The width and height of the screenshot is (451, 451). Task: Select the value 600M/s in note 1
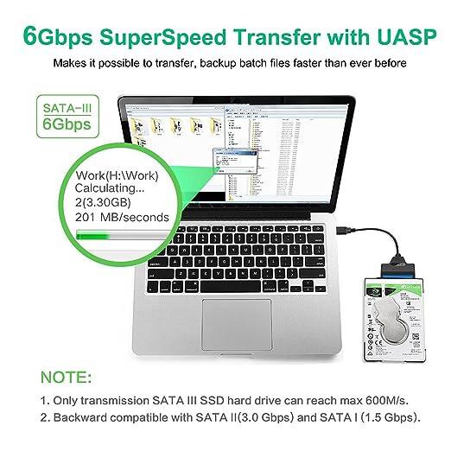(390, 402)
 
